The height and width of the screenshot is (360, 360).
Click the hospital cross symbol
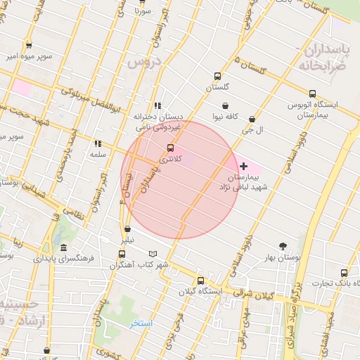pyautogui.click(x=243, y=166)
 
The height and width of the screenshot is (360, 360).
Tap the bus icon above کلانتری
pyautogui.click(x=170, y=148)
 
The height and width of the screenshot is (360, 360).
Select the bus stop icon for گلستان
pyautogui.click(x=217, y=77)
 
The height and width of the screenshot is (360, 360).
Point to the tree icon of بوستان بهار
pyautogui.click(x=283, y=246)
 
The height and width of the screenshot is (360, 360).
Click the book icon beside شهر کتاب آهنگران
pyautogui.click(x=153, y=254)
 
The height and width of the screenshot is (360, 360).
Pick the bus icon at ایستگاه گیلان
pyautogui.click(x=200, y=280)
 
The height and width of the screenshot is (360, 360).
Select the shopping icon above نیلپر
pyautogui.click(x=127, y=229)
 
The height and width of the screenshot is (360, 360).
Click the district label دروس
pyautogui.click(x=145, y=62)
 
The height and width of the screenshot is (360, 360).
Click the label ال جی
pyautogui.click(x=251, y=130)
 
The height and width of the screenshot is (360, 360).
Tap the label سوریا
pyautogui.click(x=143, y=12)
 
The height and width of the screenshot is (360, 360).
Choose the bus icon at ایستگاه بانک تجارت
pyautogui.click(x=343, y=272)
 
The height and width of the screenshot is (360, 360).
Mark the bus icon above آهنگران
pyautogui.click(x=122, y=254)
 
